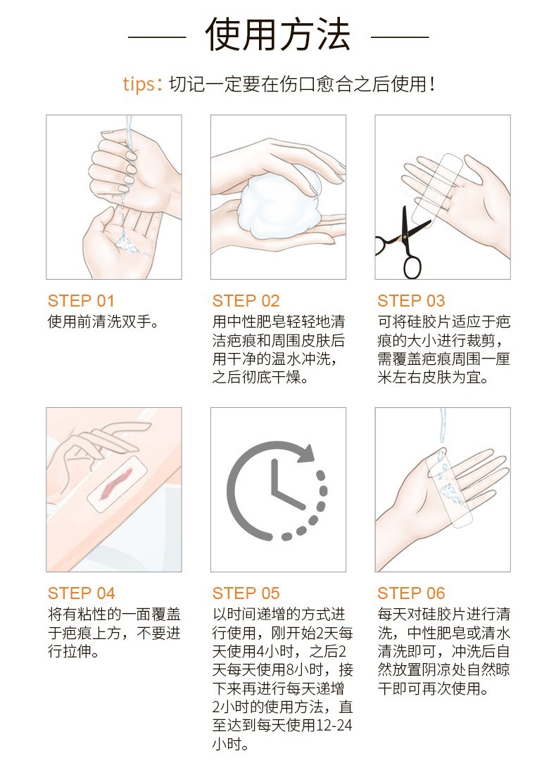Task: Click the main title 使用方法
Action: [x=277, y=35]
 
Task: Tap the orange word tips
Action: [x=139, y=84]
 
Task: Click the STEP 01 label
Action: [x=81, y=300]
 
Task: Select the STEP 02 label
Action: [x=246, y=300]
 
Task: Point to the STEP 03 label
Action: [x=411, y=300]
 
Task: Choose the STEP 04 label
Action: [x=82, y=593]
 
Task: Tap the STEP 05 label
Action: [x=246, y=593]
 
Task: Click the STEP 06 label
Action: [x=411, y=593]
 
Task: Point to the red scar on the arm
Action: [x=116, y=483]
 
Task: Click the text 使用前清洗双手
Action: [x=103, y=322]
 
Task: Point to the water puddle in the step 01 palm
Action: [x=129, y=245]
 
